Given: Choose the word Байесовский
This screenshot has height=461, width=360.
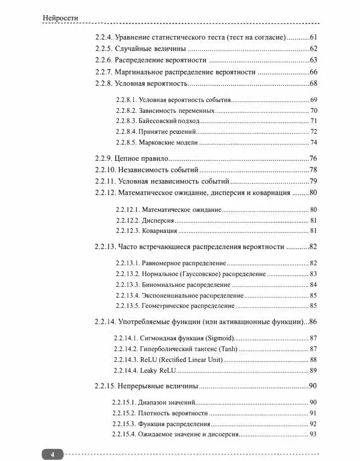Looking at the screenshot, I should (158, 121).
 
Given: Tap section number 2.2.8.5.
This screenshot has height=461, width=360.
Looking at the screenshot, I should (125, 143).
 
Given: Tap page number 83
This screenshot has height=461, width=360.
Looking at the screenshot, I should (313, 274).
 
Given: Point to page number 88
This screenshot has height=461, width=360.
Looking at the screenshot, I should (313, 360).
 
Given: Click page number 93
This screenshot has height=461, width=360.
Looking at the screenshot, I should (313, 434).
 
